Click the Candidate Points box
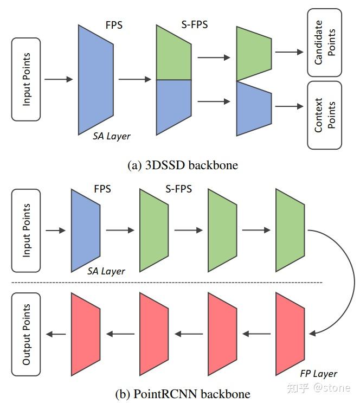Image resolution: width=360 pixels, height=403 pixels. click(324, 42)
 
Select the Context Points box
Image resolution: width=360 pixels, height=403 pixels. click(324, 115)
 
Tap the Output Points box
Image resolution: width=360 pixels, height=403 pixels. click(26, 334)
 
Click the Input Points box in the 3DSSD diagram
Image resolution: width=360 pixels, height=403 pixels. click(26, 79)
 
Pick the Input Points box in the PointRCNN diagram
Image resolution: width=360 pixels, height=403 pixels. click(26, 231)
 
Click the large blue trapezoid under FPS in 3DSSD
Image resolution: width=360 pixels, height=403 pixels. click(95, 79)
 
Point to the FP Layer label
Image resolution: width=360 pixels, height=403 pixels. click(318, 374)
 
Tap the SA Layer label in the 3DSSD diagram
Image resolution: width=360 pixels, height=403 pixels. click(111, 136)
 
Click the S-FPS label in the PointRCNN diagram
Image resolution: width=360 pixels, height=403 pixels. click(178, 189)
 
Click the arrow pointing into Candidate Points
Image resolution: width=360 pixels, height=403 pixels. click(289, 52)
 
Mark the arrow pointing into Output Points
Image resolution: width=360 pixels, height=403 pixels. click(56, 334)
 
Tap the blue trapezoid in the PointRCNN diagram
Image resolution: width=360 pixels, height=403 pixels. click(86, 231)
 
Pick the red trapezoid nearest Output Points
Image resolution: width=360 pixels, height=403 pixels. click(86, 334)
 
